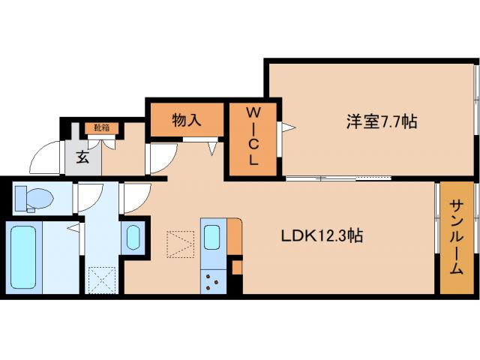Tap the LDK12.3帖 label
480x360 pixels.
click(322, 235)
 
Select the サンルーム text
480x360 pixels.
click(456, 238)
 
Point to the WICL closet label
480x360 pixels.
click(253, 136)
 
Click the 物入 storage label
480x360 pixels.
click(186, 120)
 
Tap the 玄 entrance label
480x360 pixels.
click(81, 157)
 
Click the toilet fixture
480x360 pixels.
click(35, 197)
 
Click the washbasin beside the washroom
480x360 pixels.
click(133, 237)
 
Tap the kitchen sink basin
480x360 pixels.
click(211, 236)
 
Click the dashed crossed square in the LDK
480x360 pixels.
click(180, 244)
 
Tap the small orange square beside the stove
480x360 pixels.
click(237, 266)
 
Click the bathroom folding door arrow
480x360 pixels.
click(73, 226)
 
